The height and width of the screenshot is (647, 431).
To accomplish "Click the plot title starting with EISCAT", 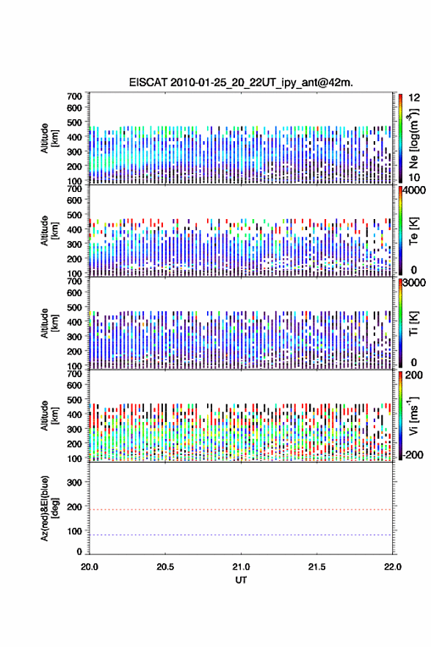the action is [x=241, y=82].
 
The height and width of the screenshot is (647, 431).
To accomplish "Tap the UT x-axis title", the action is [x=241, y=580].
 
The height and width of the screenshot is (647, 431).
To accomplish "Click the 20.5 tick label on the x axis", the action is [x=164, y=567].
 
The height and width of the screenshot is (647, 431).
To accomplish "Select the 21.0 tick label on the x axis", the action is [x=241, y=567].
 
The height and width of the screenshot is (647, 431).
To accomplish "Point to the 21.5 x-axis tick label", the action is [x=316, y=567].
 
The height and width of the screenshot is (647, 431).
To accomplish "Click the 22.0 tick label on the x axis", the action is [x=392, y=567].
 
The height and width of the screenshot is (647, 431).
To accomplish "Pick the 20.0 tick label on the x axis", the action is [x=90, y=567].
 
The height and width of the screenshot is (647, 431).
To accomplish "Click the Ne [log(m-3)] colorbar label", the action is [x=413, y=138].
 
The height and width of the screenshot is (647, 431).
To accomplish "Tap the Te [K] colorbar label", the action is [x=413, y=231].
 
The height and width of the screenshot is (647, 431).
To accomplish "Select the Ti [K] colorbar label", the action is [x=413, y=323].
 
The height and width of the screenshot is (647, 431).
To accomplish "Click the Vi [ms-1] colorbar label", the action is [x=413, y=415].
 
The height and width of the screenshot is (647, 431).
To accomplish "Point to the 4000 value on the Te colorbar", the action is [x=415, y=190].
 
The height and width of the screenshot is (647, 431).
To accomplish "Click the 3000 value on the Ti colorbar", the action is [x=415, y=282].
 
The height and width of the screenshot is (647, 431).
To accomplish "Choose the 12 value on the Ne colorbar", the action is [x=415, y=98].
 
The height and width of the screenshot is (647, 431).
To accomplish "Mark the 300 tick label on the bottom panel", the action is [x=75, y=482].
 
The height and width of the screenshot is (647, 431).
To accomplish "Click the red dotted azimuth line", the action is [x=241, y=510].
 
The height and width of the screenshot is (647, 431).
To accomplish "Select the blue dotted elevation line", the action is [x=241, y=535].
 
